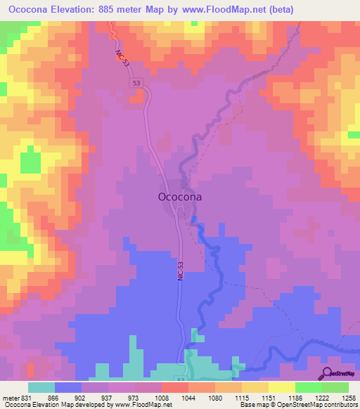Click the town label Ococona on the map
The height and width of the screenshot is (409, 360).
tap(178, 197)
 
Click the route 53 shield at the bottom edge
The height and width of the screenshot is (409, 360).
tap(180, 379)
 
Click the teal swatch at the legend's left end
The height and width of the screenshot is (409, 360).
tap(41, 387)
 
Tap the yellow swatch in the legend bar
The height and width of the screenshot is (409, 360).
tap(281, 387)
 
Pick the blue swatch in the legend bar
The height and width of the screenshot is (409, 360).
tap(68, 387)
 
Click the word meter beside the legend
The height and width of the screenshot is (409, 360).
tap(9, 398)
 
